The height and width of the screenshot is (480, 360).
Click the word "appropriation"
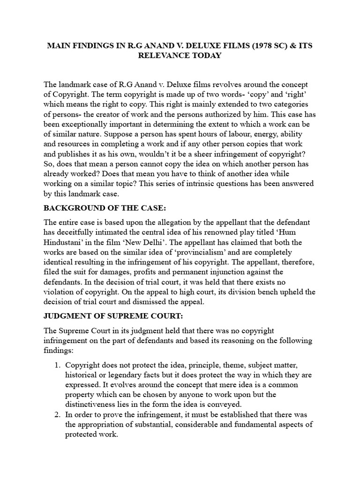(102, 425)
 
